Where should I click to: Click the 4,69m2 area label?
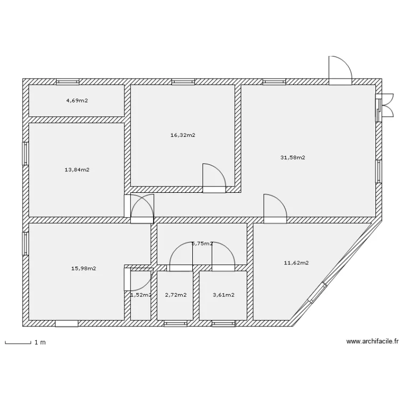click(x=77, y=101)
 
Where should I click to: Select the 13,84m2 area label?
click(x=77, y=170)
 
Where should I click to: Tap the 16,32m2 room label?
click(x=183, y=135)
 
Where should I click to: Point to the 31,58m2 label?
click(x=293, y=158)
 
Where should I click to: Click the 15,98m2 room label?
click(x=83, y=268)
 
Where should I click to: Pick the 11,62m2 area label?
click(x=296, y=263)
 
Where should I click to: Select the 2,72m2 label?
click(x=176, y=295)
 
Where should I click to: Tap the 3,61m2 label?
click(x=224, y=295)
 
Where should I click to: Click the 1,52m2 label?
click(x=141, y=295)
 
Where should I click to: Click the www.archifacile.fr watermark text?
click(x=373, y=342)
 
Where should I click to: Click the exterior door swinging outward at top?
click(x=340, y=71)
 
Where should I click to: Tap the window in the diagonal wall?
click(x=317, y=293)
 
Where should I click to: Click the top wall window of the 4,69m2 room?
click(x=68, y=82)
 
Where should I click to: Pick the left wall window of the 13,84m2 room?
click(x=25, y=154)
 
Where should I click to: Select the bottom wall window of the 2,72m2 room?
click(x=175, y=324)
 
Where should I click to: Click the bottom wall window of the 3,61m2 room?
click(x=223, y=324)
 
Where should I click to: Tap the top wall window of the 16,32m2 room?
click(x=182, y=82)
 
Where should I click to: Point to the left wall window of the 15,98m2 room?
click(x=25, y=243)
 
